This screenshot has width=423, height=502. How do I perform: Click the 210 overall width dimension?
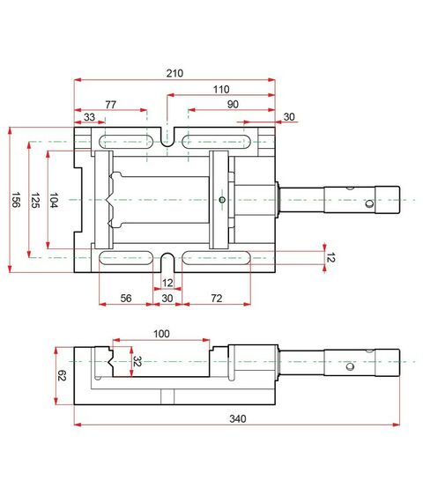click(x=174, y=73)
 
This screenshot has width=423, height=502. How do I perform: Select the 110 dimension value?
click(x=220, y=89)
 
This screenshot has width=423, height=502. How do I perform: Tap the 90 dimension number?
click(x=232, y=104)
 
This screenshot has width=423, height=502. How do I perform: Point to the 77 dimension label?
click(x=110, y=104)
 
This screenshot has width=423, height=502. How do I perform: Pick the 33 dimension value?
click(x=89, y=117)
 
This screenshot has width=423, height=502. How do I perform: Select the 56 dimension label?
click(x=125, y=299)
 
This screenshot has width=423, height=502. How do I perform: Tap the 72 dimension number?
click(x=216, y=299)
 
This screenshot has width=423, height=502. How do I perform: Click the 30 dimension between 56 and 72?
click(x=168, y=299)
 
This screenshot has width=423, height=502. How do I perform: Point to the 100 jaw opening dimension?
click(x=160, y=334)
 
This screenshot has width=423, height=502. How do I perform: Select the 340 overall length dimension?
click(x=236, y=418)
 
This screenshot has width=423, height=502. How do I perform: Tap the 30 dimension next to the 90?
click(x=289, y=117)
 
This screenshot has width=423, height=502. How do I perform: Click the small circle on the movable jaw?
click(x=222, y=200)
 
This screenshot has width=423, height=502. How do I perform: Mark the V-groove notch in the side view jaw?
click(x=106, y=359)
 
